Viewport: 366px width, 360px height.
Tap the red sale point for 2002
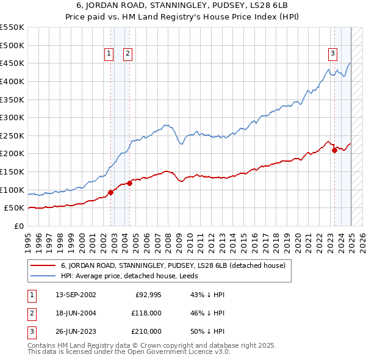coord(111,192)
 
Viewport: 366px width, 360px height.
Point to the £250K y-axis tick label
coord(12,135)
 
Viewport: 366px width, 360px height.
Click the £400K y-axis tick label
coord(12,81)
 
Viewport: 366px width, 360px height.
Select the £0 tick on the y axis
coord(19,226)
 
